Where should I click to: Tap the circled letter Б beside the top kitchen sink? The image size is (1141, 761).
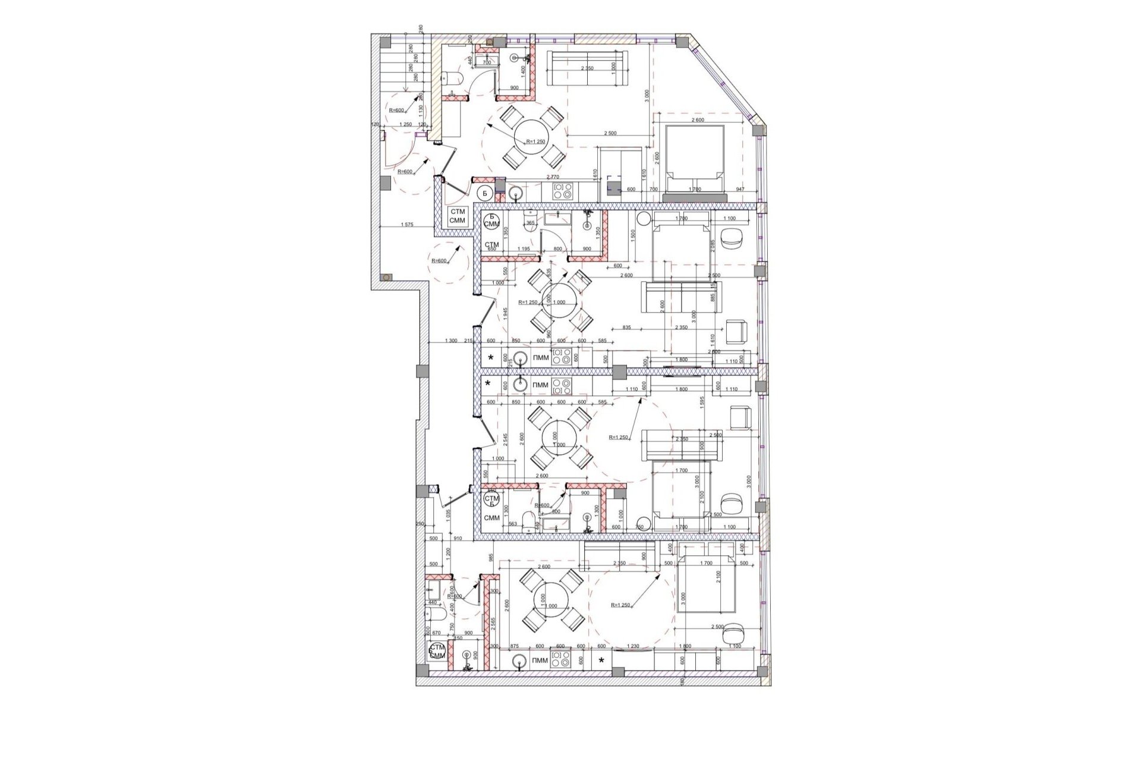(x=484, y=193)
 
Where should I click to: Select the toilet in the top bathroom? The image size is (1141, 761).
(x=449, y=77)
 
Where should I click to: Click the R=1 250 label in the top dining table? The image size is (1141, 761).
(x=535, y=141)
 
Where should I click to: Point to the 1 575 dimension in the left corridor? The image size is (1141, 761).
(x=407, y=225)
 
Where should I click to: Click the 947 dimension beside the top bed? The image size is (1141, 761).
(x=739, y=190)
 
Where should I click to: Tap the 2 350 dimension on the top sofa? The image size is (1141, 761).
(x=587, y=68)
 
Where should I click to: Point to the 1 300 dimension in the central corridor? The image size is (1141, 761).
(x=451, y=341)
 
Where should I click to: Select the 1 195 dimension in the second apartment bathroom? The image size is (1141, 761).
(x=524, y=249)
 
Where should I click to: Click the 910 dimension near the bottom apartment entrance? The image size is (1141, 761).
(x=458, y=539)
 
